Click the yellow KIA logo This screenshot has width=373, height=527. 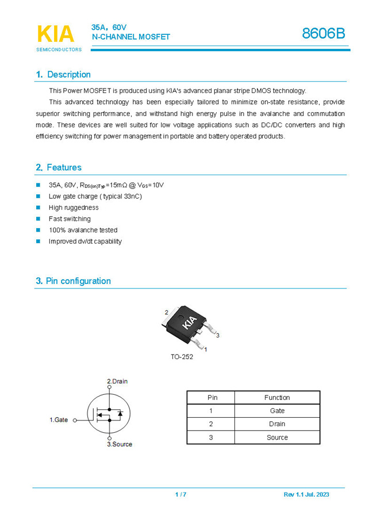pyautogui.click(x=55, y=34)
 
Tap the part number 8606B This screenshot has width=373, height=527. pyautogui.click(x=324, y=34)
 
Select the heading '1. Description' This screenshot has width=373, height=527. pyautogui.click(x=63, y=75)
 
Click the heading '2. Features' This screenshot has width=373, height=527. pyautogui.click(x=59, y=168)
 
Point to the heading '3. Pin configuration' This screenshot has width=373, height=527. pyautogui.click(x=73, y=281)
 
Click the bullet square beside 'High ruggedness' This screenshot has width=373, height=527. pyautogui.click(x=39, y=207)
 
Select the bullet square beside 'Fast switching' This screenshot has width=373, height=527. pyautogui.click(x=39, y=219)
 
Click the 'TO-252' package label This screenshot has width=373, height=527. pyautogui.click(x=182, y=357)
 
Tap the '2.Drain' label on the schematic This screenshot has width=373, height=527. pyautogui.click(x=117, y=382)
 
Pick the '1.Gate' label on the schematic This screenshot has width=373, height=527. pyautogui.click(x=59, y=420)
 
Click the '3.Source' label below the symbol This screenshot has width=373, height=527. pyautogui.click(x=120, y=444)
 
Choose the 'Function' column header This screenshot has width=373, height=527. pyautogui.click(x=277, y=398)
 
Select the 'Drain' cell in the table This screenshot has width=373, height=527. pyautogui.click(x=277, y=424)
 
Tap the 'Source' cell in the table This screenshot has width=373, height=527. pyautogui.click(x=277, y=437)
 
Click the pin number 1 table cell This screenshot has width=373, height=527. pyautogui.click(x=211, y=411)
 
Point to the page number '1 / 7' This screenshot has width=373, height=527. pyautogui.click(x=180, y=495)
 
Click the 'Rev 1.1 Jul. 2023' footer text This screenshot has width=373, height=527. pyautogui.click(x=306, y=495)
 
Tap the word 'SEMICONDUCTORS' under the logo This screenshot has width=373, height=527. pyautogui.click(x=59, y=49)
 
